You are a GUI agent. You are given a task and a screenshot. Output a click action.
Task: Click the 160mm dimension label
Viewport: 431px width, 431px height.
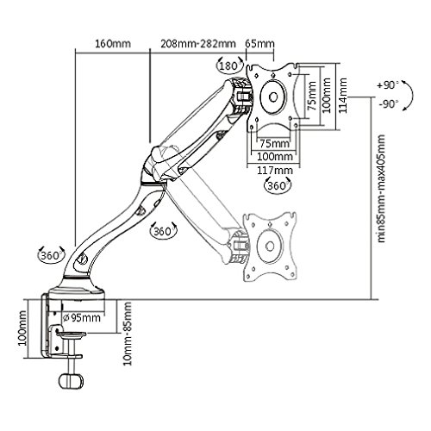tap(113, 44)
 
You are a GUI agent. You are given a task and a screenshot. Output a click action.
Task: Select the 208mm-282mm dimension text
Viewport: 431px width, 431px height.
tap(198, 44)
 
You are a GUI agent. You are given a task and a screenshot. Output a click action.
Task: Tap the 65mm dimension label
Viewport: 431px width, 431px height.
tap(259, 44)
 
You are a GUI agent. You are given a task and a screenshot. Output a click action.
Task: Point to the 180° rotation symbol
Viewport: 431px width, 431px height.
tap(229, 66)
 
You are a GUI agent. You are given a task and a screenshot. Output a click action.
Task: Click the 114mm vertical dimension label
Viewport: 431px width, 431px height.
tap(342, 96)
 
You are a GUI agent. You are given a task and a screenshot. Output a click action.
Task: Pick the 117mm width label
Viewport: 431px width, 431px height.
tap(275, 171)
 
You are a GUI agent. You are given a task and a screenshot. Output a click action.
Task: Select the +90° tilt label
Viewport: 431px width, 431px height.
tap(388, 85)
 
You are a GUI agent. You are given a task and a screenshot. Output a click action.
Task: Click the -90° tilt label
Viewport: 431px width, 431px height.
tap(389, 103)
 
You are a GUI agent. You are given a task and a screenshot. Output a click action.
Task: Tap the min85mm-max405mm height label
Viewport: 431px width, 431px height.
tap(381, 189)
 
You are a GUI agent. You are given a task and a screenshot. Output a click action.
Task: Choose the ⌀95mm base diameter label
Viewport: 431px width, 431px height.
tap(82, 317)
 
